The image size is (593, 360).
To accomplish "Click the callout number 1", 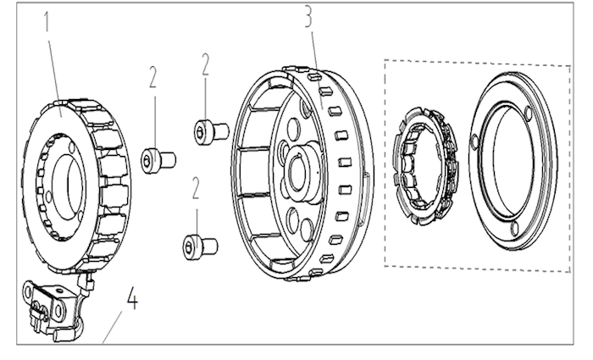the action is click(x=47, y=21).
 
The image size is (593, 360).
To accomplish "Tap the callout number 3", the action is click(x=309, y=17).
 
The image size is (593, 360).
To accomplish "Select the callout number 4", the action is click(x=132, y=298).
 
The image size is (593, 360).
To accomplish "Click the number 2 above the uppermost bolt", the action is click(x=205, y=64).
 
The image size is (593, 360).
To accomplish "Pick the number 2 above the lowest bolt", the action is click(x=196, y=188).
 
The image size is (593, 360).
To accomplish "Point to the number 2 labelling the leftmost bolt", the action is click(x=152, y=77).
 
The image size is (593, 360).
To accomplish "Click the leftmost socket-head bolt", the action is click(x=158, y=160).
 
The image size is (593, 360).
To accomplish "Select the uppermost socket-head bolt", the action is click(x=212, y=131).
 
